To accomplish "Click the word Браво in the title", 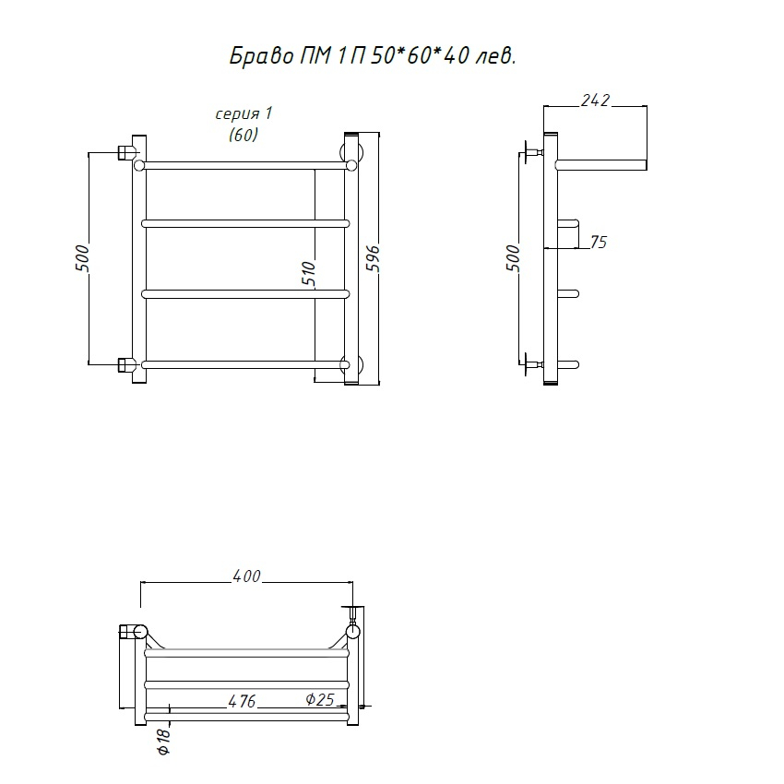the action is (x=262, y=56).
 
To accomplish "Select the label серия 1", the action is (x=244, y=114).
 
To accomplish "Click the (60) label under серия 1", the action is (x=244, y=135).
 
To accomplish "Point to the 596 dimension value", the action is (x=374, y=258).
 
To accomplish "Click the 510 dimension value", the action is (x=309, y=273).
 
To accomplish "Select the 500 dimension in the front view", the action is (x=82, y=258).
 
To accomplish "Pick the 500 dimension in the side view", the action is (x=513, y=258).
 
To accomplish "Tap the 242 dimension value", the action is (x=596, y=101).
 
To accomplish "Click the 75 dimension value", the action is (x=599, y=242).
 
